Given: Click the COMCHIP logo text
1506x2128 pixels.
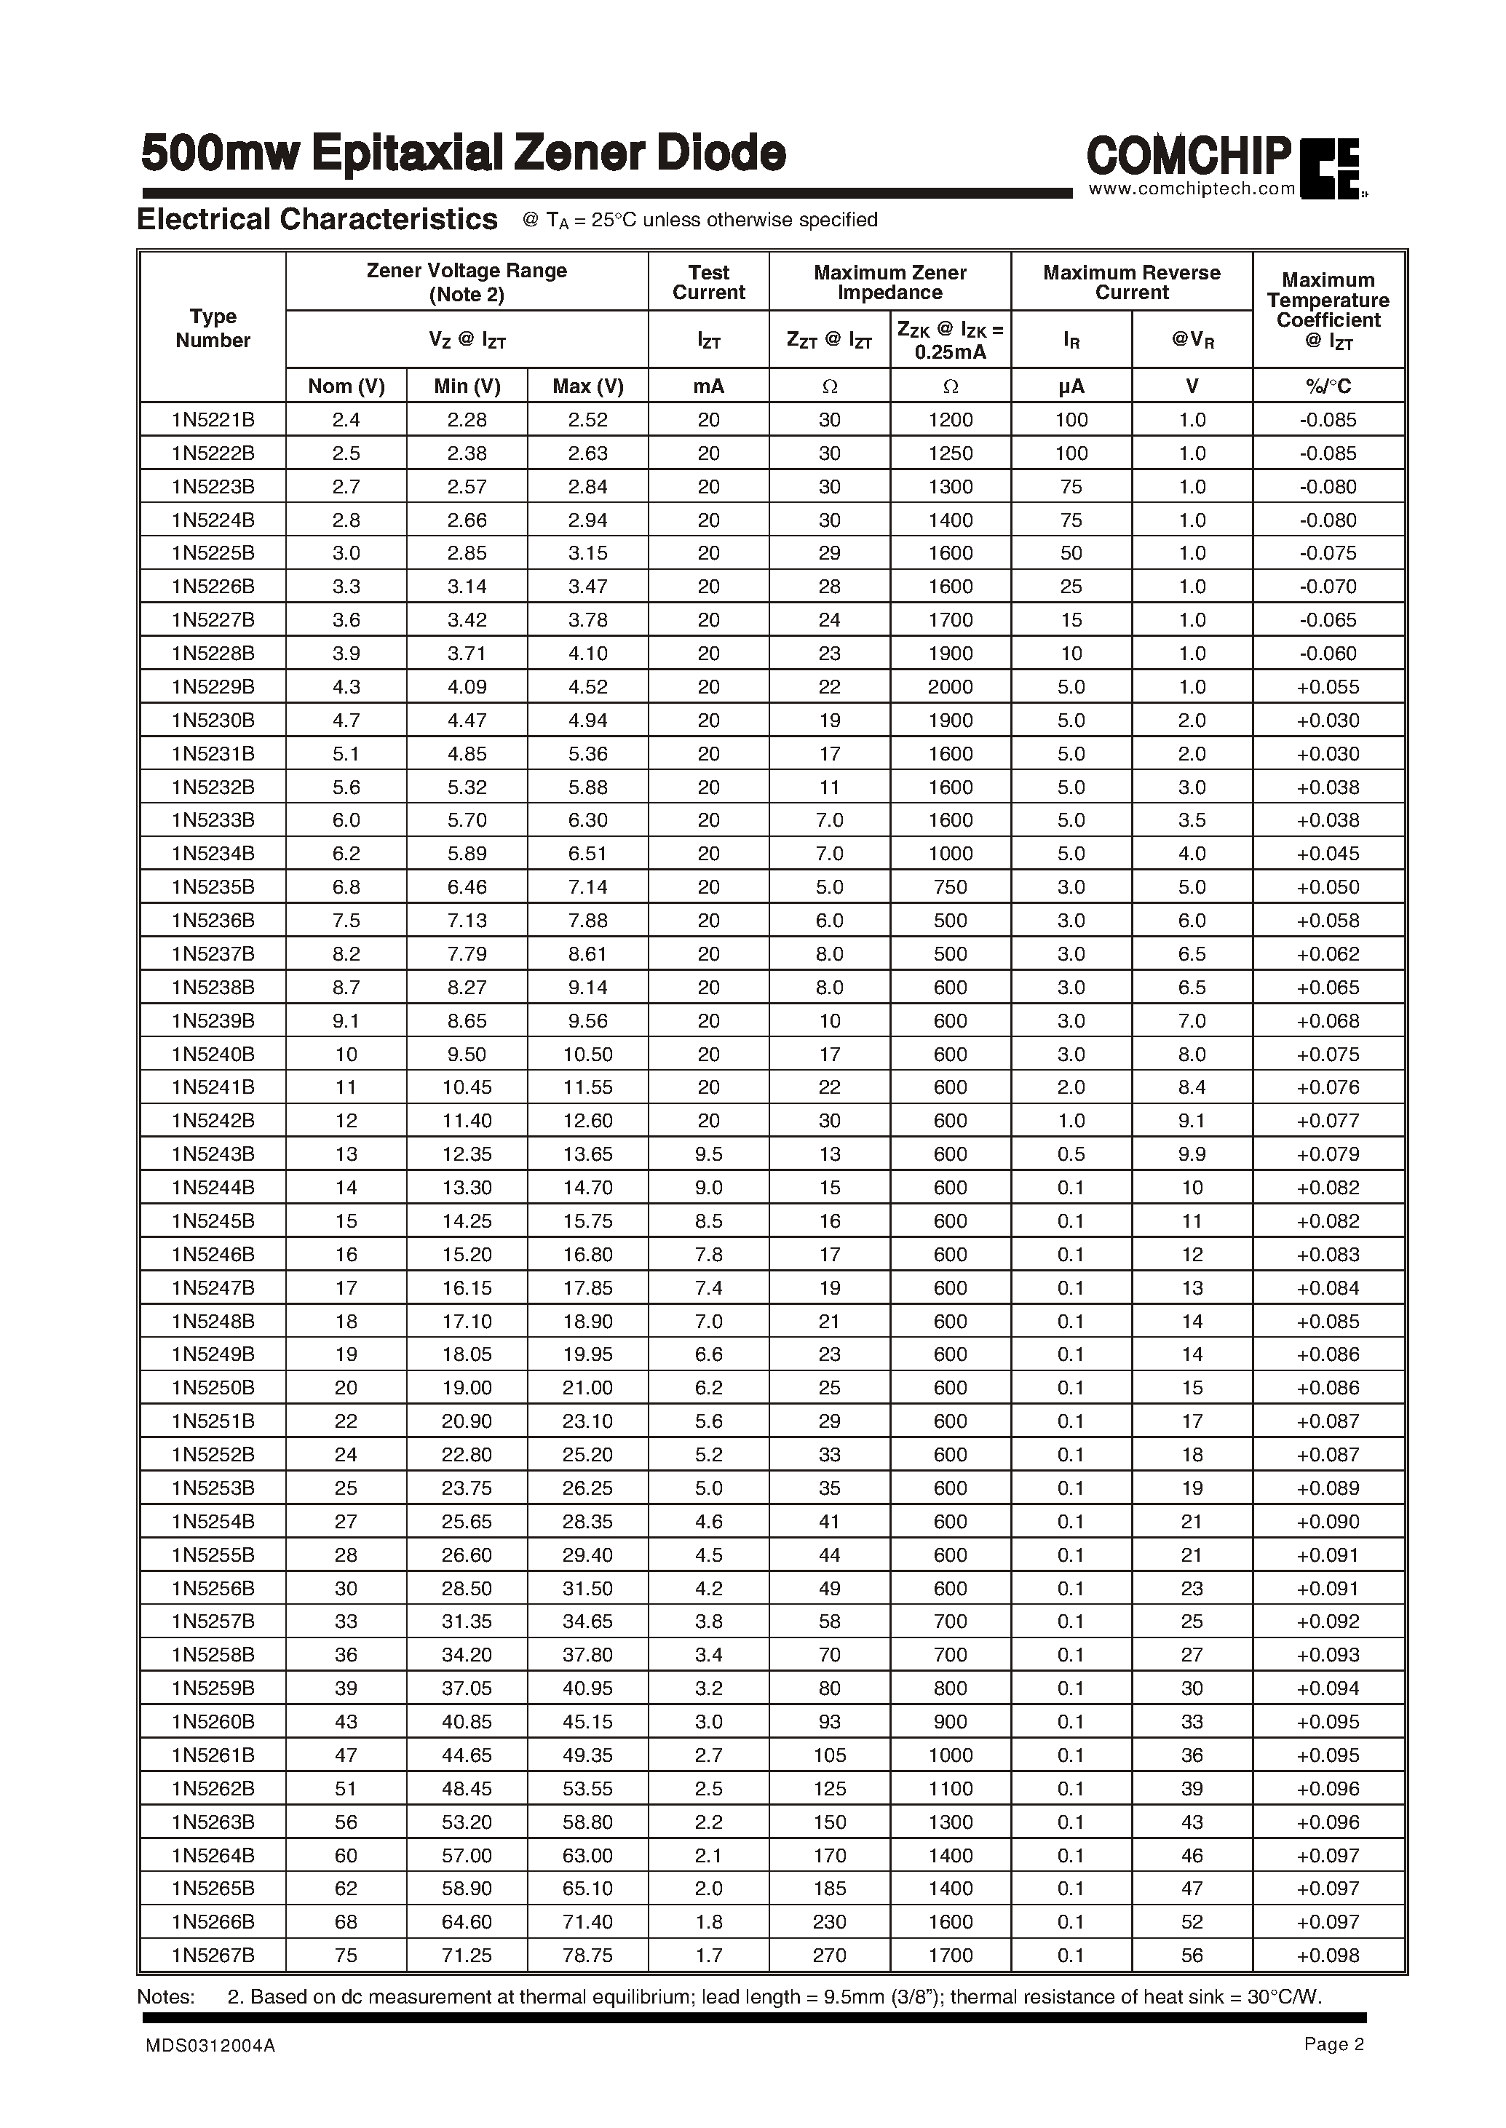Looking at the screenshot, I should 1188,156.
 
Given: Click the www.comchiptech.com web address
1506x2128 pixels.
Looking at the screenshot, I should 1192,189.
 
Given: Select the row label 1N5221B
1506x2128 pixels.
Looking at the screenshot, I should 213,420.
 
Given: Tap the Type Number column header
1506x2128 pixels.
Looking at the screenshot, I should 213,328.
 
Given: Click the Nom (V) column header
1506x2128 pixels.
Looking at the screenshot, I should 346,386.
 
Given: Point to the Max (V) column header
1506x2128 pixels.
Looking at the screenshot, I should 588,386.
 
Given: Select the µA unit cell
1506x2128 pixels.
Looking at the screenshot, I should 1071,386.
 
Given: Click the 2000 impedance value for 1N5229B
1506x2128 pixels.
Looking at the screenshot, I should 951,687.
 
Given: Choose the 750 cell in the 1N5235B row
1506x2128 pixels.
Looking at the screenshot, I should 951,887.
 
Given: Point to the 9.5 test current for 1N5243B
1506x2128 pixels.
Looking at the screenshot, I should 708,1154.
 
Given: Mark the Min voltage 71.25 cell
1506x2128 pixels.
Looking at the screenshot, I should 467,1956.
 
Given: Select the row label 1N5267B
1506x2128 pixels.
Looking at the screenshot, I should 213,1956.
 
